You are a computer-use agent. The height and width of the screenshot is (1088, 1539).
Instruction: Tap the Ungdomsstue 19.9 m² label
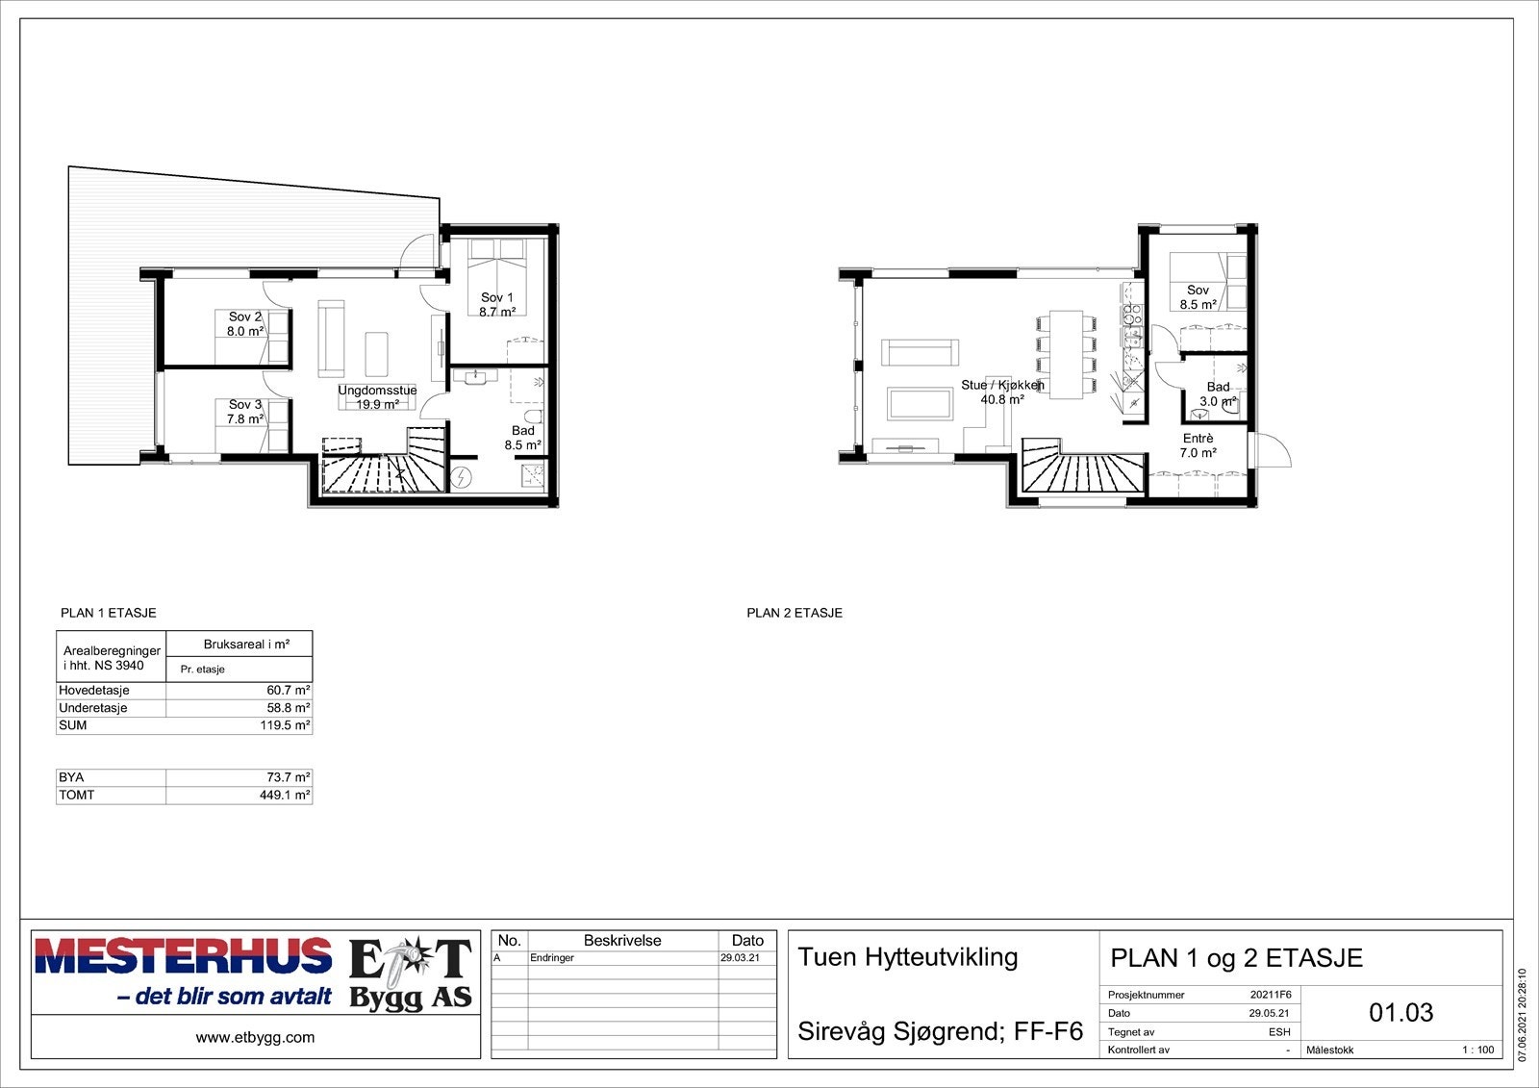pos(377,397)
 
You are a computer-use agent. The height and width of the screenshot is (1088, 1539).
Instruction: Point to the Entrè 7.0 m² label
pos(1198,445)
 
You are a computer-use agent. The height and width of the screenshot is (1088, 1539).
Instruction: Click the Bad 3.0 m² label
pos(1218,394)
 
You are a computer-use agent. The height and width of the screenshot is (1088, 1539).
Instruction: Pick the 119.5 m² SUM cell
pos(285,725)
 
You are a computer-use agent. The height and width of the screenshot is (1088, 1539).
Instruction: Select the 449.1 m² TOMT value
pos(285,796)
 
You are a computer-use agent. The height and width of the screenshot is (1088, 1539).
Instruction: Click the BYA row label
pos(71,777)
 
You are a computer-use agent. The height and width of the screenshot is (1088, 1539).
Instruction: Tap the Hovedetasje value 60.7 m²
pos(288,691)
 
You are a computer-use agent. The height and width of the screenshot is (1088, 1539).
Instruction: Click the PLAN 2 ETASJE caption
pos(795,613)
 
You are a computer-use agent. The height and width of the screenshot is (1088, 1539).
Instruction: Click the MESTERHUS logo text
pos(183,956)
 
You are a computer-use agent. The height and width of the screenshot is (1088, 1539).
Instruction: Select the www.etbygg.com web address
pos(255,1037)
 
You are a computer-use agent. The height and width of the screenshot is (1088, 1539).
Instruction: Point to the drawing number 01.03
pos(1400,1012)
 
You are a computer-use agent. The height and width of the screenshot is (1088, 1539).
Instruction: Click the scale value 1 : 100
pos(1477,1050)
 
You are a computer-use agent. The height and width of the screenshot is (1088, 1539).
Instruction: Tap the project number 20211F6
pos(1270,995)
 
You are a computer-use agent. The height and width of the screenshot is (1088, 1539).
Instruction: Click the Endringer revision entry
pos(551,958)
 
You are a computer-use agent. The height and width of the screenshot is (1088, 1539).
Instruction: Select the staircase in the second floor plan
pos(1083,471)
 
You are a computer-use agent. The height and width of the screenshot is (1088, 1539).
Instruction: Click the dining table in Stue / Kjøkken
pos(1065,354)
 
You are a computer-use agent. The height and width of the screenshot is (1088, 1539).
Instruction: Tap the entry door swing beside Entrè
pos(1270,449)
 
